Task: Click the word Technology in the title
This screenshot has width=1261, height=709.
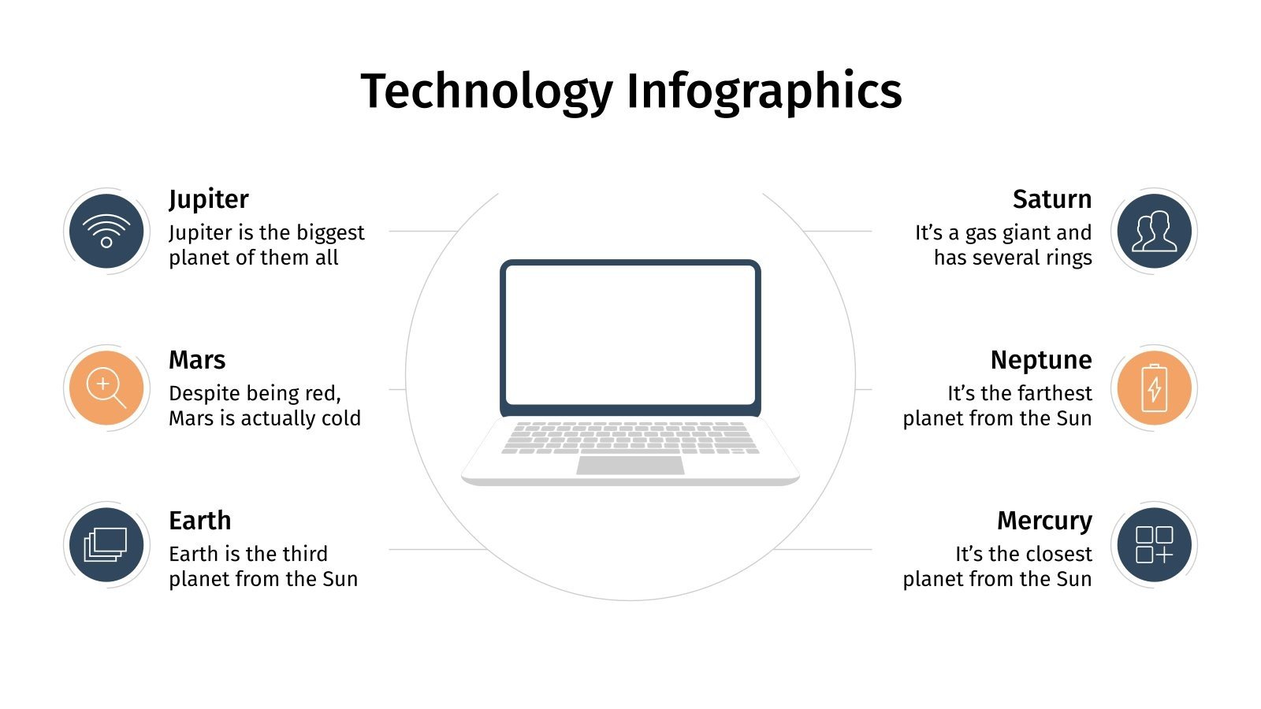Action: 486,91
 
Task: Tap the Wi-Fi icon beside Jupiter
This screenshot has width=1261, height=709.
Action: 106,231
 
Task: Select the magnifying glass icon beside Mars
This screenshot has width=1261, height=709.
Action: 106,388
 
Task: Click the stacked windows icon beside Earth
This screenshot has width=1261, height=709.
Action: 106,545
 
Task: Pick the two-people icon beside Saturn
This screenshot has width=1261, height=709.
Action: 1154,231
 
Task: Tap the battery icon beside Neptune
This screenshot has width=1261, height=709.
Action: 1154,388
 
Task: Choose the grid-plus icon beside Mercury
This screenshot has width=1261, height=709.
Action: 1154,545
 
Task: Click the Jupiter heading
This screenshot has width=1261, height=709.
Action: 209,199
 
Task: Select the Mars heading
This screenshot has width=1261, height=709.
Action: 197,360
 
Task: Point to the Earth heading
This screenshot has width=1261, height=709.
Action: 200,521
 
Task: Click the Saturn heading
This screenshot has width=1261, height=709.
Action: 1052,199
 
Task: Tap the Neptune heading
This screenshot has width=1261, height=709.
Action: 1041,360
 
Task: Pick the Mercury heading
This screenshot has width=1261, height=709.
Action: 1044,521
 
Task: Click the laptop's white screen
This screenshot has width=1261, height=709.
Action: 630,335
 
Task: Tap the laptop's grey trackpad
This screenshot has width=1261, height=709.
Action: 630,466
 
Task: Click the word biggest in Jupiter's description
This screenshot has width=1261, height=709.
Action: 331,233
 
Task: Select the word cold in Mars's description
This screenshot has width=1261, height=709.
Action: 341,418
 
